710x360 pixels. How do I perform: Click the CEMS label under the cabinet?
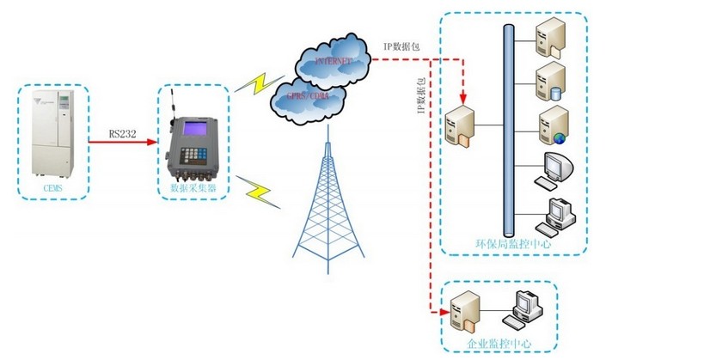coord(52,186)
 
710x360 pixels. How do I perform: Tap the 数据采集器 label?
coord(193,186)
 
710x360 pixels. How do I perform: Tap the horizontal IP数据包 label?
coord(401,48)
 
